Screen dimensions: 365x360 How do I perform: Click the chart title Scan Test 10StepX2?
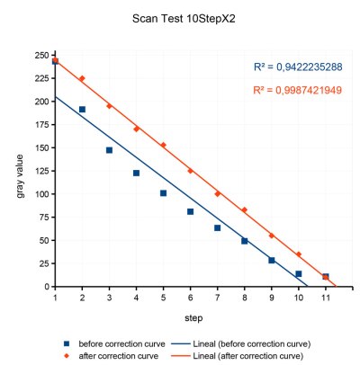tap(179, 18)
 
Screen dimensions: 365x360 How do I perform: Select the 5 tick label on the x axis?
tap(163, 298)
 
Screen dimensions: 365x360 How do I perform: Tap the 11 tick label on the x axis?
tap(325, 298)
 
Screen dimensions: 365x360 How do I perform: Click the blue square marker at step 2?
tap(82, 110)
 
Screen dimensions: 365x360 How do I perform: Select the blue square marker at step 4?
tap(136, 173)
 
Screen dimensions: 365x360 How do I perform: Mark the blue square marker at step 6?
tap(190, 211)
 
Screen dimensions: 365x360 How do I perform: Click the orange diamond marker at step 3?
tap(109, 106)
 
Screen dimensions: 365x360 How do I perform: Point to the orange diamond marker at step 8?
tap(244, 209)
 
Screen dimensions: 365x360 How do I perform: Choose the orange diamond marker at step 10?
tap(298, 254)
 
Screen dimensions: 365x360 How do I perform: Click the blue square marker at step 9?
tap(271, 260)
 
